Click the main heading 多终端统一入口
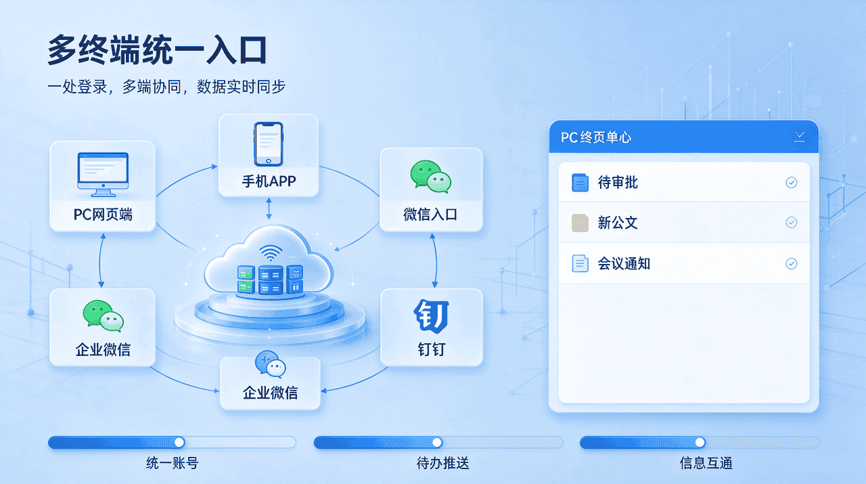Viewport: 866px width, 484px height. click(x=157, y=50)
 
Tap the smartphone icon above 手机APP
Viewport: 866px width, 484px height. click(x=269, y=144)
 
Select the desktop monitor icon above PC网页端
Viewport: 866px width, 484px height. click(x=103, y=174)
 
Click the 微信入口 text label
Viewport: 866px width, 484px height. click(x=430, y=215)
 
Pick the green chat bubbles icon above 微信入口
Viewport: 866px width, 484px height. click(x=431, y=177)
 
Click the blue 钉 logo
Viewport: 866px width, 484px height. click(x=431, y=315)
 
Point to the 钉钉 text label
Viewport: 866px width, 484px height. click(x=431, y=349)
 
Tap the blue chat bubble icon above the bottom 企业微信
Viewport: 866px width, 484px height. click(x=270, y=364)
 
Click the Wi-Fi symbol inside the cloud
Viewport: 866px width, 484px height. click(x=271, y=253)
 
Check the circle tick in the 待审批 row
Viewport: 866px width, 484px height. click(x=792, y=183)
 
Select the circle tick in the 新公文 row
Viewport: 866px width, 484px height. click(x=792, y=223)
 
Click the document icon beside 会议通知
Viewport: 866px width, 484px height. click(x=580, y=263)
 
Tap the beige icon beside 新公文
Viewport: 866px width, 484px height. click(x=580, y=223)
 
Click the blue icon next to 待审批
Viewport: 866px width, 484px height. click(x=580, y=183)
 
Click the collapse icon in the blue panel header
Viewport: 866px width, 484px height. click(x=800, y=137)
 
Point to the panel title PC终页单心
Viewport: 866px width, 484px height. click(x=596, y=137)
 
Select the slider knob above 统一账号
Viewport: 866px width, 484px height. click(x=179, y=442)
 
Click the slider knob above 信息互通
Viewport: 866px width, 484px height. click(x=700, y=442)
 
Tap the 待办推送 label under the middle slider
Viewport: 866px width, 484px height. click(x=442, y=463)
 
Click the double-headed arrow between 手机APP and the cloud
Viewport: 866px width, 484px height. click(x=269, y=208)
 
